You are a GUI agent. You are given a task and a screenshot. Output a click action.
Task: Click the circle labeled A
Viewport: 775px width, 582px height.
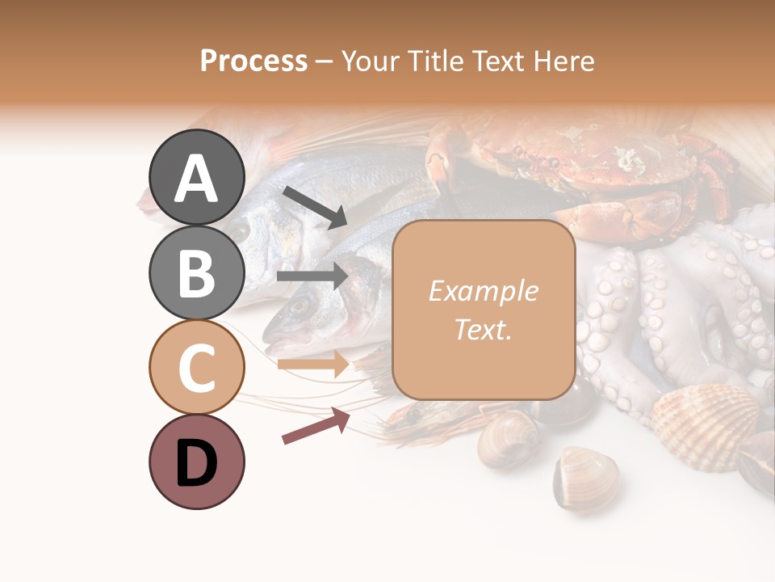tap(197, 177)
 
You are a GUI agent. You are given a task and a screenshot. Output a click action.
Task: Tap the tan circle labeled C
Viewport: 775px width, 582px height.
tap(197, 367)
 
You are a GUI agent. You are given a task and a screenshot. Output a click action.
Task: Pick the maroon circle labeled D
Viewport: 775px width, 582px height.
tap(197, 462)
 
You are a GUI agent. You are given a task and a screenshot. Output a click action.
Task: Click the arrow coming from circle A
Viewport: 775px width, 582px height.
tap(314, 206)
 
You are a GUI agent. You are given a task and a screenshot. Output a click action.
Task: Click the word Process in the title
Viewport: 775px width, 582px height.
tap(253, 61)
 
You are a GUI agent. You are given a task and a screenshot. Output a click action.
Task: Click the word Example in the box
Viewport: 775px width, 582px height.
tap(483, 291)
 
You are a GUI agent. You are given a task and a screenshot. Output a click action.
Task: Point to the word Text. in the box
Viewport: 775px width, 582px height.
tap(483, 330)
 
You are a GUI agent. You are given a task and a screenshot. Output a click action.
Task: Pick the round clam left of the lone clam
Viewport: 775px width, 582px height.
tap(509, 441)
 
